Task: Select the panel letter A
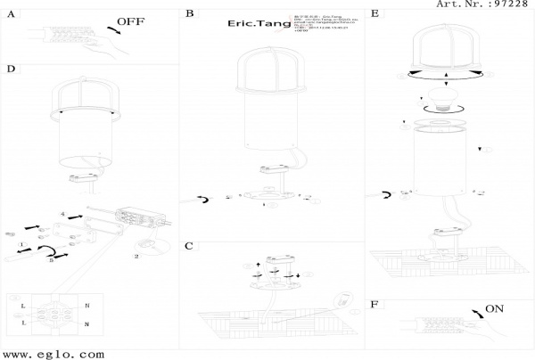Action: (11, 14)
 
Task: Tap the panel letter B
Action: (189, 13)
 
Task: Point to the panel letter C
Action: (189, 246)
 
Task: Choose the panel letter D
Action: (11, 69)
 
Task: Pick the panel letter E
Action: (374, 13)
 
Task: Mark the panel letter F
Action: (374, 305)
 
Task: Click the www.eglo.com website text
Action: (53, 353)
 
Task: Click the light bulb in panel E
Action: (439, 95)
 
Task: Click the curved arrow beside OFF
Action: (115, 32)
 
